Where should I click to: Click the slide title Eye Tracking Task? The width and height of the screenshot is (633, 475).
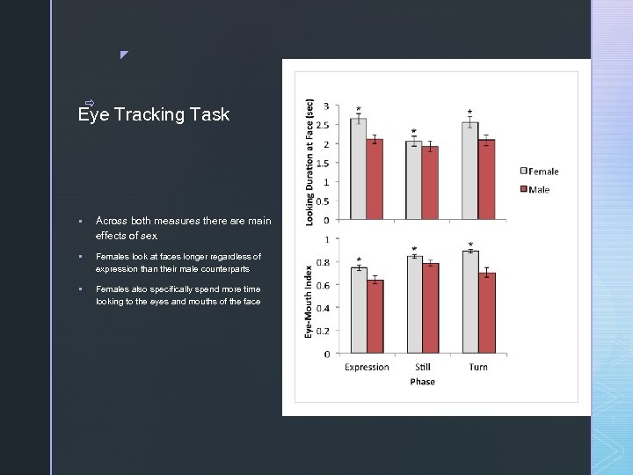pos(154,114)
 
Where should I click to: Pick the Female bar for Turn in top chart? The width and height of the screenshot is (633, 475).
pos(470,171)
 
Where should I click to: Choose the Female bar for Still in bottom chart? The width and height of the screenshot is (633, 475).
pos(413,304)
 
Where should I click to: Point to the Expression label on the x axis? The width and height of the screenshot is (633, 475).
pos(367,367)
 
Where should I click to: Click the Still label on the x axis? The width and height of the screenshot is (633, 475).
pos(422,367)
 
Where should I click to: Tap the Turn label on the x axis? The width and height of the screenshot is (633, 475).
pos(478,367)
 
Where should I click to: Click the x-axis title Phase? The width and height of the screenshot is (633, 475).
pos(422,382)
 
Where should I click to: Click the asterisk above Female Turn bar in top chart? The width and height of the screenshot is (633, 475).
pos(470,113)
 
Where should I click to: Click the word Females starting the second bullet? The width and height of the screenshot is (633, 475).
pos(113,257)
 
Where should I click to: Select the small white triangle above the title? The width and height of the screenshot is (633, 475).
pos(124,55)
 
